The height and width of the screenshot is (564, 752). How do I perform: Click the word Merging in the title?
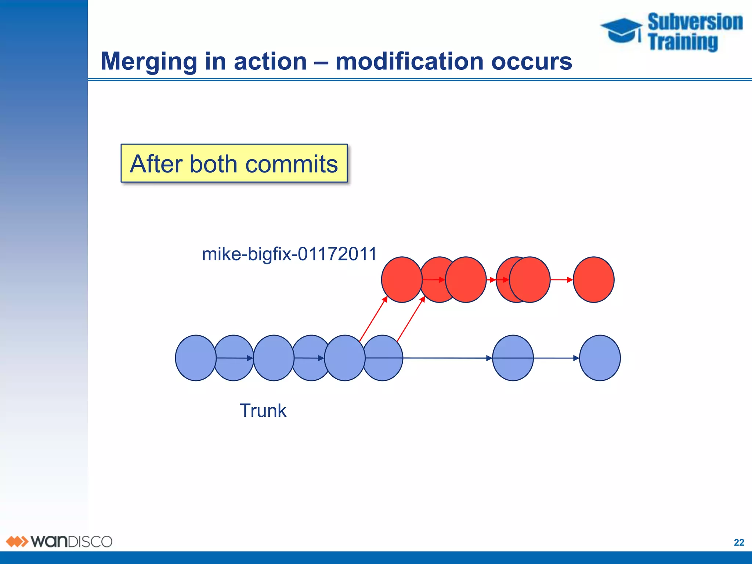[149, 62]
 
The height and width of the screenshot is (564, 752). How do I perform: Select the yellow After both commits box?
[234, 163]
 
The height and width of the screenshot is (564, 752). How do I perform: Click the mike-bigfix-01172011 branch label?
[289, 254]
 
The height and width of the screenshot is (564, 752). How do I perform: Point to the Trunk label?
[263, 411]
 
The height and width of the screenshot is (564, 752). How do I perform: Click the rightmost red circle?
[593, 280]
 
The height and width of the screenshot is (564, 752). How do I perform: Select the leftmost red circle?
[401, 280]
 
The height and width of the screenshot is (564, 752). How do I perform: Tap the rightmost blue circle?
[600, 358]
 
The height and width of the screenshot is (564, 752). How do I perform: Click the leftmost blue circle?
[195, 358]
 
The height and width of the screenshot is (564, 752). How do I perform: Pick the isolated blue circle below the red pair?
[513, 358]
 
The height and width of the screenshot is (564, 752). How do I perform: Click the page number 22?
[739, 542]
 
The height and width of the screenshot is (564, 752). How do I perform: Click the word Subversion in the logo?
[695, 22]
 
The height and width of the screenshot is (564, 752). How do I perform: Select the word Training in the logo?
[683, 42]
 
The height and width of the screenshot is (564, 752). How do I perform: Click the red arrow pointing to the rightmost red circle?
[561, 280]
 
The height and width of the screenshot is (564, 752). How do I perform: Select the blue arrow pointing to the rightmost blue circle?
[556, 358]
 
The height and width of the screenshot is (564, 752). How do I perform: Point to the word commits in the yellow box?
[291, 164]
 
